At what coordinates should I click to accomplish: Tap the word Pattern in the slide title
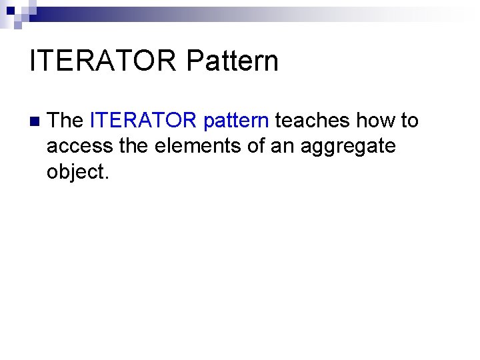[x=232, y=61]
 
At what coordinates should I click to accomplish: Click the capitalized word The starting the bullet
[x=65, y=121]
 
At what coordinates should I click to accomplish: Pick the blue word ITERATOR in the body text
[x=143, y=121]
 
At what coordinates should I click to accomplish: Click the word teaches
[x=313, y=121]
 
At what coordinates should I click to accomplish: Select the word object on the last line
[x=74, y=171]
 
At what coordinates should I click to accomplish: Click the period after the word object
[x=105, y=177]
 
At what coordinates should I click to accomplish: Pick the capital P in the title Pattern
[x=195, y=61]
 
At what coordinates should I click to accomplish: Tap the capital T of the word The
[x=55, y=121]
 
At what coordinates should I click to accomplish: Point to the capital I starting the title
[x=33, y=61]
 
